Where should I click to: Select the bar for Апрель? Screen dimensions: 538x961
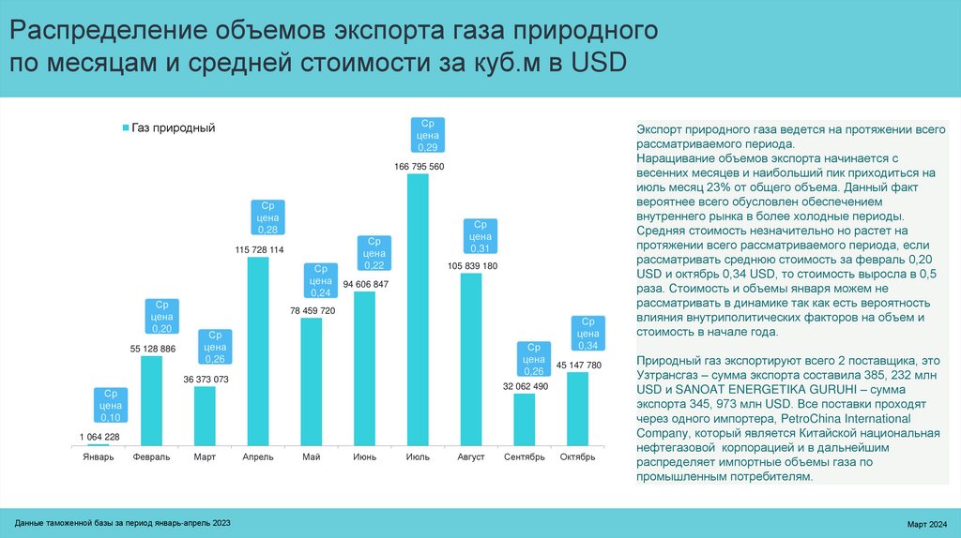[x=258, y=351]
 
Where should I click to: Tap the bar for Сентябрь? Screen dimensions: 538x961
[x=525, y=419]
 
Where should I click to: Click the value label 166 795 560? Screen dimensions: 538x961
[x=419, y=167]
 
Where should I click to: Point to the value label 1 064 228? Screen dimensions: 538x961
[x=99, y=436]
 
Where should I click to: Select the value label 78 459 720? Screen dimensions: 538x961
[x=312, y=309]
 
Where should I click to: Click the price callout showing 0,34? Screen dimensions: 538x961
[x=587, y=333]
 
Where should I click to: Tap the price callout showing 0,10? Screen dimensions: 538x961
[x=110, y=406]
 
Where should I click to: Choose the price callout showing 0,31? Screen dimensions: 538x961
[x=481, y=236]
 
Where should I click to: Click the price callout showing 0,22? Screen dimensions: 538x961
[x=374, y=253]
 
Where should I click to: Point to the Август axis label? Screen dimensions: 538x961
[x=471, y=457]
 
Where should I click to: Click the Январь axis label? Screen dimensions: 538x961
[x=98, y=457]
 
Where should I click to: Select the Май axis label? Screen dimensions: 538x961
[x=312, y=457]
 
